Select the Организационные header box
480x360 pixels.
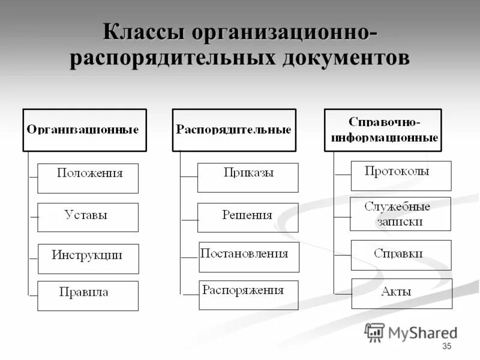coord(84,130)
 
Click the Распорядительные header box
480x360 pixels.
coord(234,130)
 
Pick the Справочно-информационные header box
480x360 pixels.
coord(383,130)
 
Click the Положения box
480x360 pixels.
coord(88,178)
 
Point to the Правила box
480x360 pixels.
coord(88,296)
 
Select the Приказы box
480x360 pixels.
coord(248,178)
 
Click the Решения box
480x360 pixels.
coord(248,217)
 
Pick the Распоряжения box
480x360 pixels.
coord(249,295)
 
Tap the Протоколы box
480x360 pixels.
coord(401,175)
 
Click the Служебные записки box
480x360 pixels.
coord(400,214)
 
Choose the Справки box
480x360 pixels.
coord(401,255)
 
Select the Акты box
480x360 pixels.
coord(401,293)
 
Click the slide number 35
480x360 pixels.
coord(446,347)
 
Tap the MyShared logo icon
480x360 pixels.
coord(374,332)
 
